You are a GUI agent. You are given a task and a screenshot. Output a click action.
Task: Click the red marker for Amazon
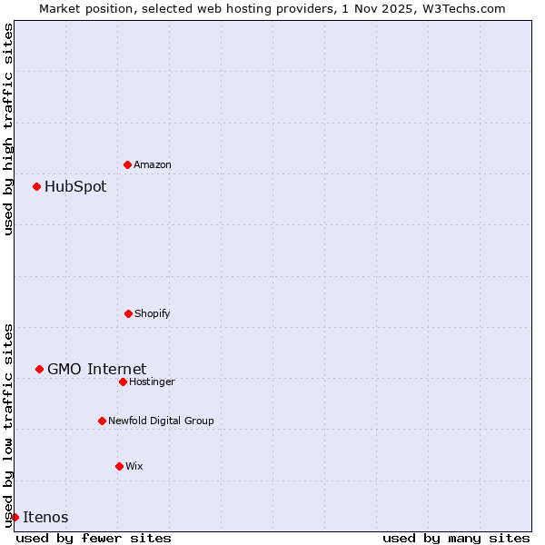[x=127, y=164]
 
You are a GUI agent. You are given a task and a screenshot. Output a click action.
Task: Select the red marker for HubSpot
[x=36, y=186]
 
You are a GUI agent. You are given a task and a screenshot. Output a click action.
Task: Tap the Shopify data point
[x=128, y=313]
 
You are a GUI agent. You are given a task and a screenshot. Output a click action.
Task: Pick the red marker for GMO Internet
[x=39, y=369]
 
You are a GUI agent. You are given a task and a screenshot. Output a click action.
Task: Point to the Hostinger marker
[x=123, y=381]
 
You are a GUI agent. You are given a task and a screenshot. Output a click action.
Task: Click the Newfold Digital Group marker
[x=102, y=421]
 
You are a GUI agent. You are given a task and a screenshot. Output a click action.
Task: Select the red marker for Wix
[x=119, y=466]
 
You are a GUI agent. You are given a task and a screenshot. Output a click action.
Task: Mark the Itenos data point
[x=15, y=517]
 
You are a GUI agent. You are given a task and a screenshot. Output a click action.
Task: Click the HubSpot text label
[x=75, y=187]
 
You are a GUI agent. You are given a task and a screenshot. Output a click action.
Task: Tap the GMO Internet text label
[x=96, y=369]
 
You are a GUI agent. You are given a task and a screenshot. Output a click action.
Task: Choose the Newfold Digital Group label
[x=161, y=421]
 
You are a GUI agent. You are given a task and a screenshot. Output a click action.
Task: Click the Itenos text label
[x=45, y=518]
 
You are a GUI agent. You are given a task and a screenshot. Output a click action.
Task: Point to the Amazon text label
[x=153, y=164]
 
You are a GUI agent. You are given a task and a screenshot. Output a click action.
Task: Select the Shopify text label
[x=153, y=313]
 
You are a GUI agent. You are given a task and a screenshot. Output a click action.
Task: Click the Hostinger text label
[x=152, y=381]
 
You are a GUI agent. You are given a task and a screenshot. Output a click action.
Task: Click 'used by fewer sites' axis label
[x=94, y=538]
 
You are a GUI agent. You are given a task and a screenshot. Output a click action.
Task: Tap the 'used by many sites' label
[x=456, y=538]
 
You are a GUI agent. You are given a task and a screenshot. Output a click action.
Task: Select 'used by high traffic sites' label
[x=9, y=129]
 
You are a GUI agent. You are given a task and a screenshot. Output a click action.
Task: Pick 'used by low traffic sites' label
[x=9, y=425]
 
